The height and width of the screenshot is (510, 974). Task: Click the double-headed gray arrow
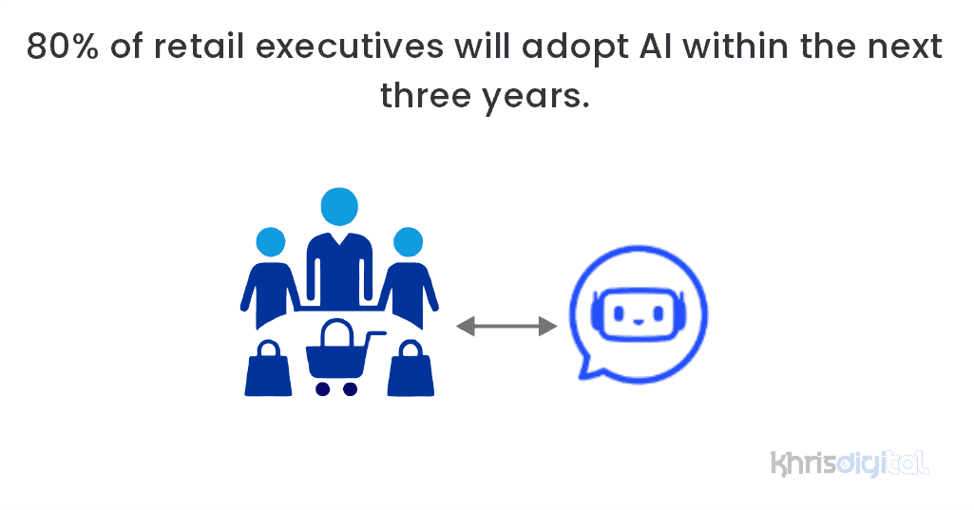[506, 327]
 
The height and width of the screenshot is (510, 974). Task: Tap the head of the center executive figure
[339, 205]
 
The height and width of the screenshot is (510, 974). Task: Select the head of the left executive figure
[271, 241]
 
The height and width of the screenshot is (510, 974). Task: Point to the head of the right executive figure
[408, 241]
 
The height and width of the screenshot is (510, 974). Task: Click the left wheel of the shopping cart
[322, 388]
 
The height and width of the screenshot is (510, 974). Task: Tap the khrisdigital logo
[849, 463]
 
